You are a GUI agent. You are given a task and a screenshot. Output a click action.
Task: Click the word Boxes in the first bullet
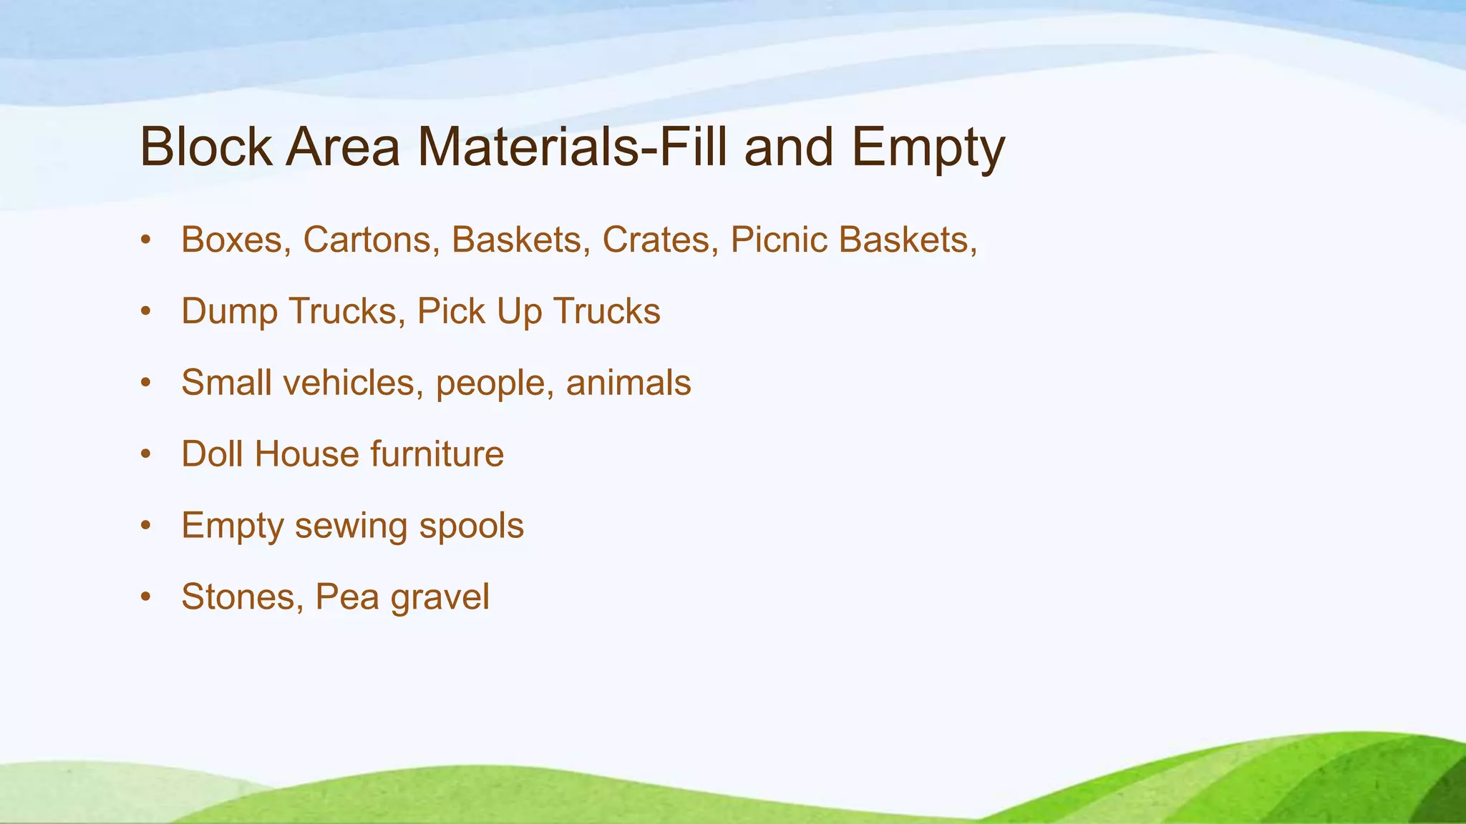tap(232, 240)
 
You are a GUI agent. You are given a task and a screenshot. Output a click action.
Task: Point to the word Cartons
tap(366, 240)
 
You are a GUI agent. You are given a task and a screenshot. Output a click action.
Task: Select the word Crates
tap(656, 240)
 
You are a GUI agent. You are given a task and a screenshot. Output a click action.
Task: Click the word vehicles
tap(348, 383)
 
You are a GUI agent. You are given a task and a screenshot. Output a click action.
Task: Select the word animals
tap(628, 383)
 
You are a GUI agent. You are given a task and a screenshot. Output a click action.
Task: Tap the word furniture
tap(437, 454)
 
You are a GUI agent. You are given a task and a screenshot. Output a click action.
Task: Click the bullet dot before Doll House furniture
tap(146, 454)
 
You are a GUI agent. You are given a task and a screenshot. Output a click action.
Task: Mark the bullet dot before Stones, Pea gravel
tap(146, 597)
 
